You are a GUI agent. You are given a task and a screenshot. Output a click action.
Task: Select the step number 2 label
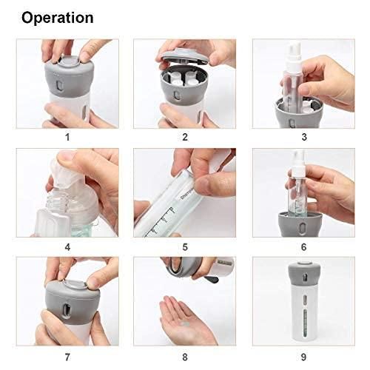(x=184, y=137)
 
